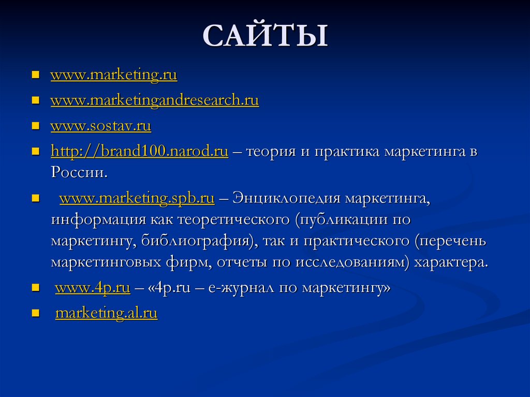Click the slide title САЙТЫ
pos(265,37)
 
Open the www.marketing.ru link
pos(114,76)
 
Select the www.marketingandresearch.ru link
pos(154,100)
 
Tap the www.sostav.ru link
pos(100,126)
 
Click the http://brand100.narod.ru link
pos(139,152)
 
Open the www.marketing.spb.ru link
pos(137,198)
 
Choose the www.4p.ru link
pos(92,289)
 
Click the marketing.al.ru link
pos(106,314)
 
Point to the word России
pos(78,172)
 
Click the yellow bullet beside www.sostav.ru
pos(36,126)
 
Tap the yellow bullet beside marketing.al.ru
pos(36,314)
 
